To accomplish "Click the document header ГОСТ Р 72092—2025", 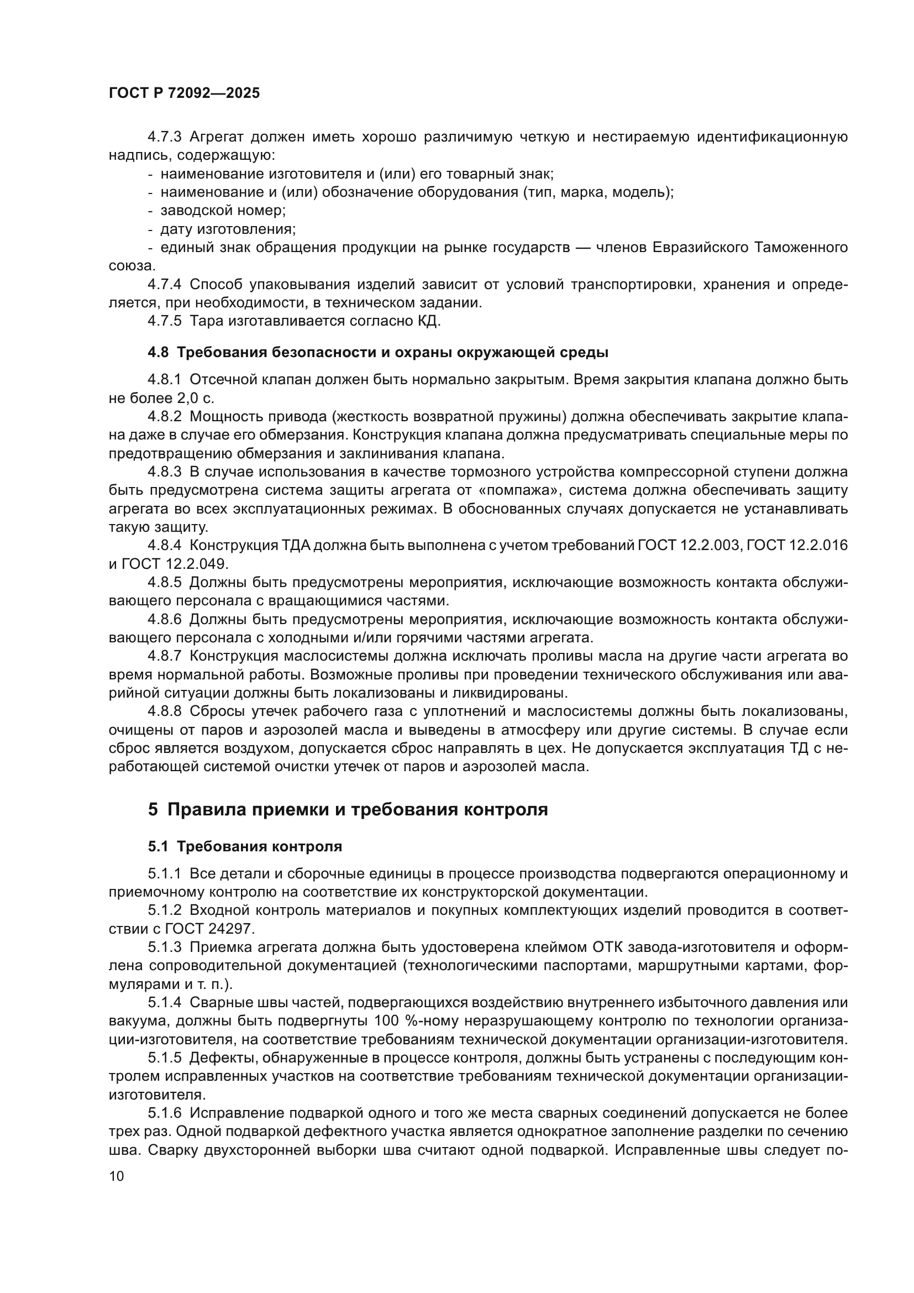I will coord(184,93).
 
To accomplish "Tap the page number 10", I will coord(117,1176).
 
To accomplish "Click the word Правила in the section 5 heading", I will coord(205,809).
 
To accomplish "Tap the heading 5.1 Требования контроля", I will coord(245,846).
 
